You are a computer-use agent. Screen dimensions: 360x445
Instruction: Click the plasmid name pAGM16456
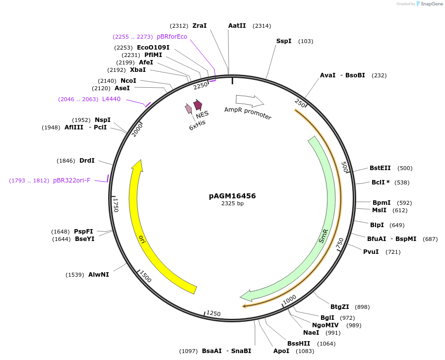pyautogui.click(x=232, y=196)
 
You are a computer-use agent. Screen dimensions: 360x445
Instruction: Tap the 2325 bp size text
pyautogui.click(x=232, y=203)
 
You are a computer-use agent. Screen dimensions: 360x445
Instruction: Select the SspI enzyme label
pyautogui.click(x=284, y=41)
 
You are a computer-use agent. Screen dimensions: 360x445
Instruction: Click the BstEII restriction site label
pyautogui.click(x=380, y=168)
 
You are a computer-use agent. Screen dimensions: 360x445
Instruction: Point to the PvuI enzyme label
pyautogui.click(x=371, y=252)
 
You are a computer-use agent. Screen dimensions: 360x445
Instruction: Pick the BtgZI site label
pyautogui.click(x=340, y=307)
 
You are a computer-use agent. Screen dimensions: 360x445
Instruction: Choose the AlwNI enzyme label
pyautogui.click(x=98, y=274)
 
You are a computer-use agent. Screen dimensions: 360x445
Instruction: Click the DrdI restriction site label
pyautogui.click(x=87, y=161)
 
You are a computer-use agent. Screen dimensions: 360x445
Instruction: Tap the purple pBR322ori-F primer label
pyautogui.click(x=71, y=180)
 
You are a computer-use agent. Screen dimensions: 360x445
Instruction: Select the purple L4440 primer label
pyautogui.click(x=111, y=99)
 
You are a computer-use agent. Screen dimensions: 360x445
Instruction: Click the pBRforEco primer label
pyautogui.click(x=172, y=37)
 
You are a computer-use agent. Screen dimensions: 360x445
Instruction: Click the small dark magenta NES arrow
pyautogui.click(x=198, y=105)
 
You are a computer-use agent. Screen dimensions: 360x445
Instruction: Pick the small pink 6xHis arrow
pyautogui.click(x=189, y=109)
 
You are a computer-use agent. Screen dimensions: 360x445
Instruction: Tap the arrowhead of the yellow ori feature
pyautogui.click(x=138, y=166)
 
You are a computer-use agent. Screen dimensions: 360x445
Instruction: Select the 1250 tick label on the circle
pyautogui.click(x=213, y=313)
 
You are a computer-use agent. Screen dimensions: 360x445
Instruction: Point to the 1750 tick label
pyautogui.click(x=116, y=205)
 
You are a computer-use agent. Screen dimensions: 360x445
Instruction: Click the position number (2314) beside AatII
pyautogui.click(x=262, y=26)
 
